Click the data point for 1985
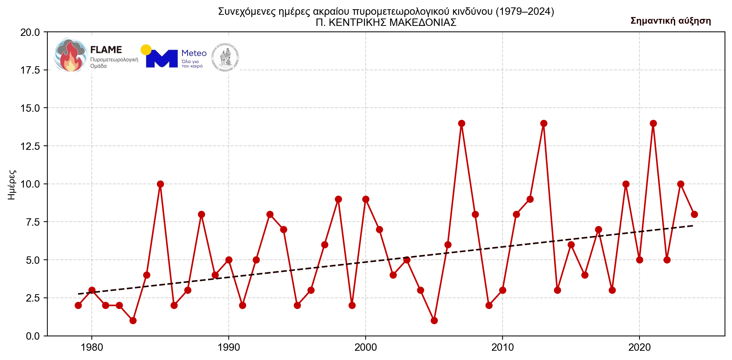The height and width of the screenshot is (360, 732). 160,184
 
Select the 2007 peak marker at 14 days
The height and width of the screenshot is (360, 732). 461,123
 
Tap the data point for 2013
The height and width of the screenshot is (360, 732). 544,123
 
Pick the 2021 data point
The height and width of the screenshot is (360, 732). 653,123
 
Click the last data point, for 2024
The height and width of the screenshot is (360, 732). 694,214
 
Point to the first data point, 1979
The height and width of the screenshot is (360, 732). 78,305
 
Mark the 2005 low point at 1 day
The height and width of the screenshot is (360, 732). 434,320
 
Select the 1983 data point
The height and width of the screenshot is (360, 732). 133,320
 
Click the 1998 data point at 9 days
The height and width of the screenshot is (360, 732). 338,199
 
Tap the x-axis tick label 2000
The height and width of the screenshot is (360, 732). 365,347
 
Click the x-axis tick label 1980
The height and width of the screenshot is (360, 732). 91,347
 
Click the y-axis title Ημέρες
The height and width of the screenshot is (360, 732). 12,185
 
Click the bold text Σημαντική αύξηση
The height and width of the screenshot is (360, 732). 671,21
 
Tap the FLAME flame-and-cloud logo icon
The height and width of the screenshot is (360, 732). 71,55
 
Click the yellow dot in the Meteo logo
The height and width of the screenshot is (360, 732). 146,50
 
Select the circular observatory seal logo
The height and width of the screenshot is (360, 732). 225,58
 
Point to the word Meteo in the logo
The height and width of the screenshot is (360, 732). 194,53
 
